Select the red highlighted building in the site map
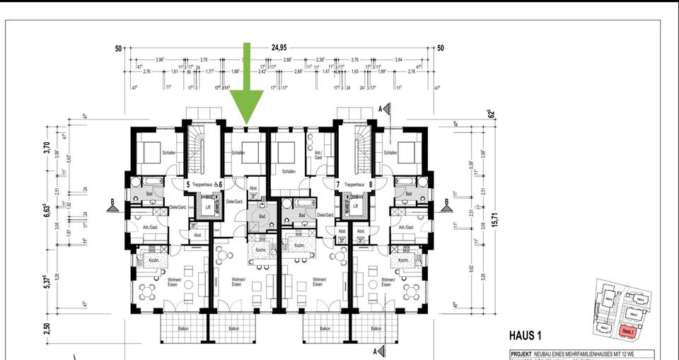point(626,330)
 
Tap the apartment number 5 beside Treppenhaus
point(187,185)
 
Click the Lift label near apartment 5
point(208,207)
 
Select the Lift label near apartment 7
point(355,207)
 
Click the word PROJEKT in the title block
point(523,354)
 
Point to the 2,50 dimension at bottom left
point(47,330)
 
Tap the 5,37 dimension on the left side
point(47,286)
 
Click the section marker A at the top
point(379,108)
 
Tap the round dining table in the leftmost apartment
point(146,291)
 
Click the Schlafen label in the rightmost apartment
point(390,152)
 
